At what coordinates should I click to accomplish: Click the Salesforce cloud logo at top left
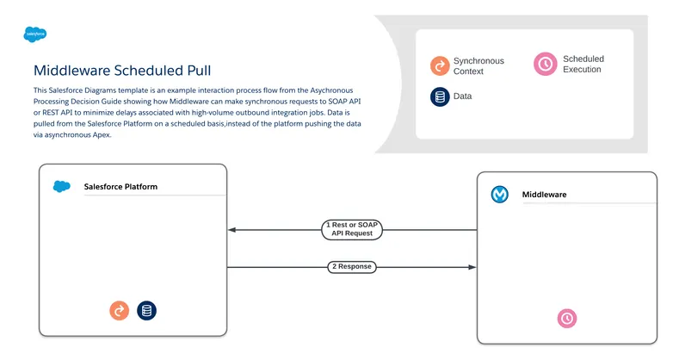tap(35, 35)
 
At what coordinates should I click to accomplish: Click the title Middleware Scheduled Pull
tap(121, 71)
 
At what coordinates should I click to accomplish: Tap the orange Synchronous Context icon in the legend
tap(441, 65)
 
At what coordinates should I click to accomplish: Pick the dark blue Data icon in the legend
tap(441, 96)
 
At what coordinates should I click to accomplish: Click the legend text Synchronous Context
tap(479, 65)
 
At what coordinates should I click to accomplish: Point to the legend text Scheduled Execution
tap(583, 64)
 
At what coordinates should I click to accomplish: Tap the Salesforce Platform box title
tap(120, 186)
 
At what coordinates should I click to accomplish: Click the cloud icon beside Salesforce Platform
tap(61, 186)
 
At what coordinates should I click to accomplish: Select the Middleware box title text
tap(544, 195)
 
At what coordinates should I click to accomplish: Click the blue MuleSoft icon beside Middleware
tap(500, 195)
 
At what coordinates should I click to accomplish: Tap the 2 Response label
tap(352, 267)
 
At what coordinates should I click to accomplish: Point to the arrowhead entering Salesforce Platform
tap(232, 230)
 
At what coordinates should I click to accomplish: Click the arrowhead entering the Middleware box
tap(472, 267)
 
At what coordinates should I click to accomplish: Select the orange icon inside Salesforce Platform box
tap(120, 311)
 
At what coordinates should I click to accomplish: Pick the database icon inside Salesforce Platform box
tap(147, 311)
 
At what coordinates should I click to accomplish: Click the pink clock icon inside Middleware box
tap(566, 318)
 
